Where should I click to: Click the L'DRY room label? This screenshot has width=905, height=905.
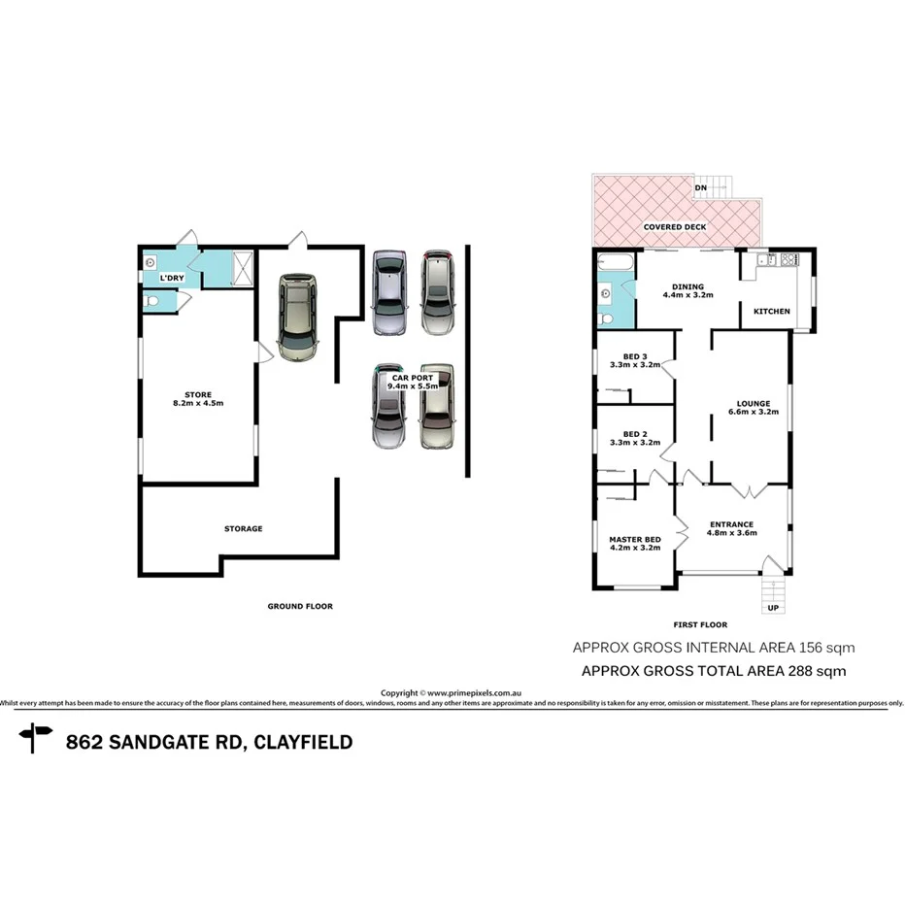171,279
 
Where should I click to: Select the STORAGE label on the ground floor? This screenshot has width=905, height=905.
244,529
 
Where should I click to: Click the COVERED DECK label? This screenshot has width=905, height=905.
675,226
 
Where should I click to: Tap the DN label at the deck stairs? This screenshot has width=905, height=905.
700,187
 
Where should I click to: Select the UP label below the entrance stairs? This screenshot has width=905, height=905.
773,608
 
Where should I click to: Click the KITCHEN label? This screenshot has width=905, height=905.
772,311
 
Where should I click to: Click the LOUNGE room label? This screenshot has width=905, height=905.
754,404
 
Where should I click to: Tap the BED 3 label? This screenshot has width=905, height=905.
635,355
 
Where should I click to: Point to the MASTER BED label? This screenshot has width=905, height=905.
635,539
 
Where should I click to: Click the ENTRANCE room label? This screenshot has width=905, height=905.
730,524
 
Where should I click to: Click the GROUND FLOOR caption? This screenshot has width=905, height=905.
300,606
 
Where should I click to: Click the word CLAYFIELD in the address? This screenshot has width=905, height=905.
304,743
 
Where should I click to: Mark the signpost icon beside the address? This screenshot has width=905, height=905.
36,739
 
